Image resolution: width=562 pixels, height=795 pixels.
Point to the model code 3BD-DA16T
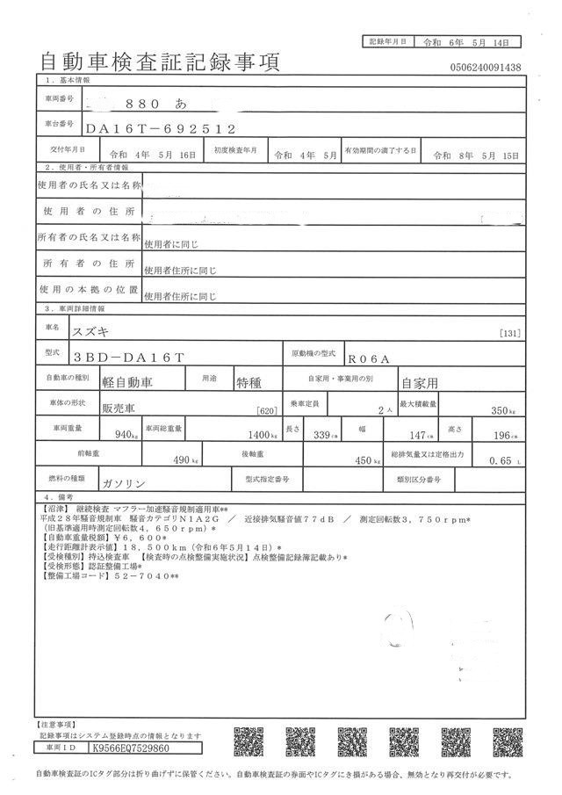click(x=129, y=358)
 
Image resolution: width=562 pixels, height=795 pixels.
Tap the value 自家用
click(x=419, y=383)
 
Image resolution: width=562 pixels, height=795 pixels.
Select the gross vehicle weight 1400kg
click(x=263, y=434)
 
